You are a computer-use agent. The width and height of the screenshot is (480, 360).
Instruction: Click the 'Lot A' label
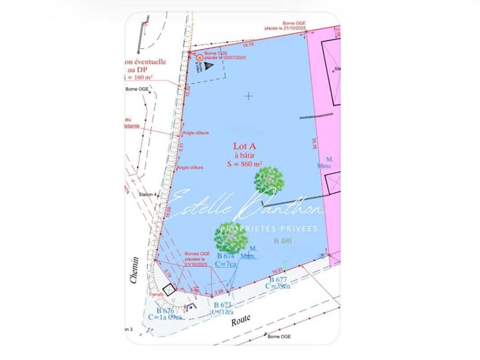pyautogui.click(x=245, y=146)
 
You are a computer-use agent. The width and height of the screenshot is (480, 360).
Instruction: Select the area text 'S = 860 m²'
pyautogui.click(x=245, y=164)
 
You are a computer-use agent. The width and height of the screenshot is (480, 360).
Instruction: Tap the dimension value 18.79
pyautogui.click(x=248, y=45)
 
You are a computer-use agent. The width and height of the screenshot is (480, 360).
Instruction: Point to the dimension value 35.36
pyautogui.click(x=314, y=144)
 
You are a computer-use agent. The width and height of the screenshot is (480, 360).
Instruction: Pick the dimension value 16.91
pyautogui.click(x=278, y=271)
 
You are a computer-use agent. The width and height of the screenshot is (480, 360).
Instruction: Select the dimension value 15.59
pyautogui.click(x=168, y=212)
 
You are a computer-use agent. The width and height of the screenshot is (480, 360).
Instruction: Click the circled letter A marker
pyautogui.click(x=200, y=58)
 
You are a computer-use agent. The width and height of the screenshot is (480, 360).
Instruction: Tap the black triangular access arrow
pyautogui.click(x=208, y=66)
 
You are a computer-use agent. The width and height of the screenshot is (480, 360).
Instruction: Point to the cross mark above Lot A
pyautogui.click(x=249, y=96)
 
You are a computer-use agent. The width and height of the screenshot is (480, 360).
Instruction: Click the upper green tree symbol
pyautogui.click(x=269, y=180)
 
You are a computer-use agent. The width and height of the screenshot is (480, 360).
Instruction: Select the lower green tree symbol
pyautogui.click(x=231, y=237)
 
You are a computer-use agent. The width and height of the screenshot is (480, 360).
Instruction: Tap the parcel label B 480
pyautogui.click(x=283, y=241)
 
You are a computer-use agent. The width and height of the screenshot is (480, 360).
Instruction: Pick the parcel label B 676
pyautogui.click(x=165, y=310)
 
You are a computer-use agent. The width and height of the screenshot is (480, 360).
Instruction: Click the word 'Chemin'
pyautogui.click(x=134, y=270)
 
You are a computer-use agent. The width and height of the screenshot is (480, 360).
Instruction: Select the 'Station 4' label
pyautogui.click(x=148, y=194)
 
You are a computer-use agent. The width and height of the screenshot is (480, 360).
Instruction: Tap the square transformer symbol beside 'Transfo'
pyautogui.click(x=168, y=290)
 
